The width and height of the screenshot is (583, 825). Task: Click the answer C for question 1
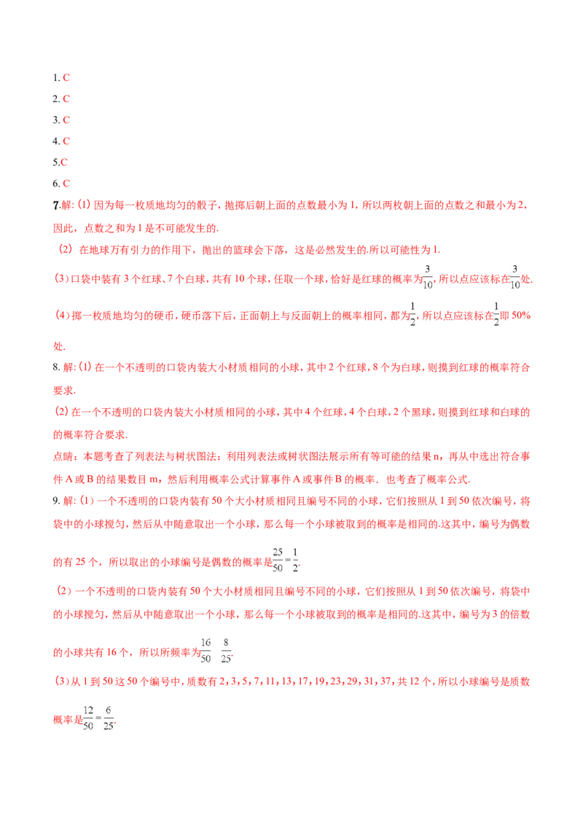[66, 78]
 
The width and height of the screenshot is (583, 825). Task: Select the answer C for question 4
[66, 141]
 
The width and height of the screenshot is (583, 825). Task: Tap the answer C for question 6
[66, 184]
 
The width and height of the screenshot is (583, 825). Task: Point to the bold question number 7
[56, 206]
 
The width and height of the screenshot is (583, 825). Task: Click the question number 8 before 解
[55, 367]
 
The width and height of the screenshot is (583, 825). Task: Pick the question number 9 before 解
[55, 501]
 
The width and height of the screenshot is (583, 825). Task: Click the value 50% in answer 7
[521, 316]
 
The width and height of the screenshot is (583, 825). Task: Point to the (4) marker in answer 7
[63, 316]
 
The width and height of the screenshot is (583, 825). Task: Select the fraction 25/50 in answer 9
[278, 560]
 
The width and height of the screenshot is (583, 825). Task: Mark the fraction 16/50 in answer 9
[206, 651]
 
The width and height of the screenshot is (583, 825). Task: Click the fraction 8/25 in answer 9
[226, 651]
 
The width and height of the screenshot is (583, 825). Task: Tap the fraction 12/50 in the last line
[88, 718]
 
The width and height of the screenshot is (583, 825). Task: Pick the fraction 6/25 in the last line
[109, 718]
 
